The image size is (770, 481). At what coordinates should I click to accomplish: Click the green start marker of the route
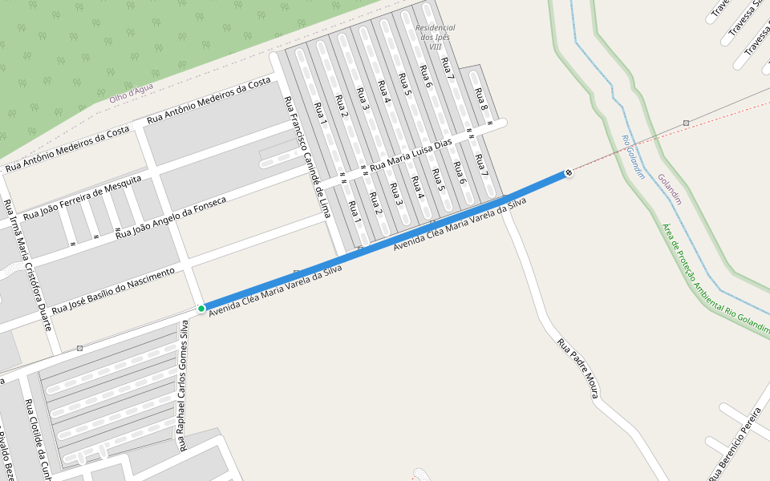201,308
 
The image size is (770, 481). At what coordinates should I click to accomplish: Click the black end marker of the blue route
569,172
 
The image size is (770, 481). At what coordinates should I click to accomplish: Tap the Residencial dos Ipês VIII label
436,37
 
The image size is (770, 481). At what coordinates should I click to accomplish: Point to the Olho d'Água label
132,92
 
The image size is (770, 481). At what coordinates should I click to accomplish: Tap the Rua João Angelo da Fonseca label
171,217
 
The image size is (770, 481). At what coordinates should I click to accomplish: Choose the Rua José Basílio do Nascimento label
113,291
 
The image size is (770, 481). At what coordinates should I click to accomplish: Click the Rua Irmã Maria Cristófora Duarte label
28,265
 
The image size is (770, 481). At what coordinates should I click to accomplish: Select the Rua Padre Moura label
578,369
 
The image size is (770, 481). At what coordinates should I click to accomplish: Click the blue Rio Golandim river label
633,156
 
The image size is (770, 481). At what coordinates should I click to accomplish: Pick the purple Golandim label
669,189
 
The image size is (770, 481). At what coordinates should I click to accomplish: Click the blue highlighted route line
385,240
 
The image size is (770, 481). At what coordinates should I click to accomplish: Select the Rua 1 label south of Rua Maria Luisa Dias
354,211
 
